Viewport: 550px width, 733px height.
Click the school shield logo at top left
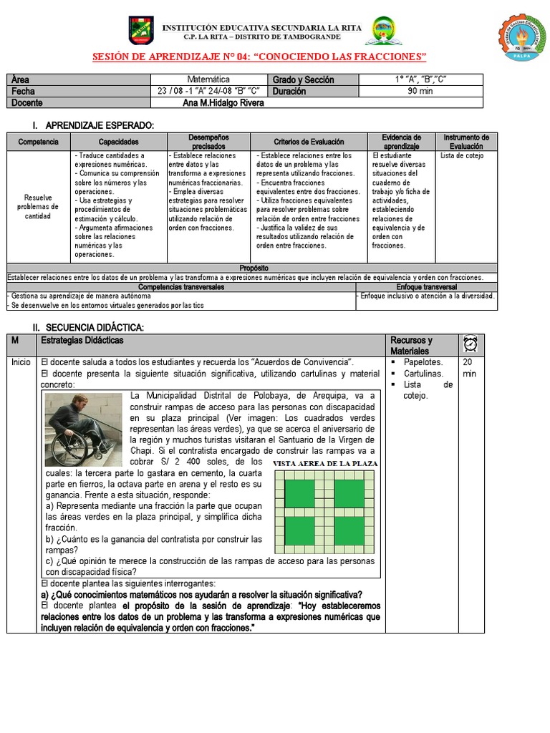141,31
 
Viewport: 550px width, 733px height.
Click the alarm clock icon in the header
471,344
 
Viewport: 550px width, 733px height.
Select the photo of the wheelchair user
83,429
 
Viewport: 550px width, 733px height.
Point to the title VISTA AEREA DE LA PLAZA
325,464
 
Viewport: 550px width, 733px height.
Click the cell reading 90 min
420,91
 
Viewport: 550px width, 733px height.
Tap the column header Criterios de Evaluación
309,142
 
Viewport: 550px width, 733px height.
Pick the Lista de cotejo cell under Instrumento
462,155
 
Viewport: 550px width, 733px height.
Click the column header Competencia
38,142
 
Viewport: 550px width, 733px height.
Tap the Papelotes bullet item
423,362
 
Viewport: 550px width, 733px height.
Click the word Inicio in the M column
21,362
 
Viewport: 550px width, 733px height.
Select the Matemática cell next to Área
208,79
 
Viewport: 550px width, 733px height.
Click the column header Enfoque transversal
426,286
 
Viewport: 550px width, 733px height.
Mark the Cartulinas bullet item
423,374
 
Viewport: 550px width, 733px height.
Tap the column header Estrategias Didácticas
87,339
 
